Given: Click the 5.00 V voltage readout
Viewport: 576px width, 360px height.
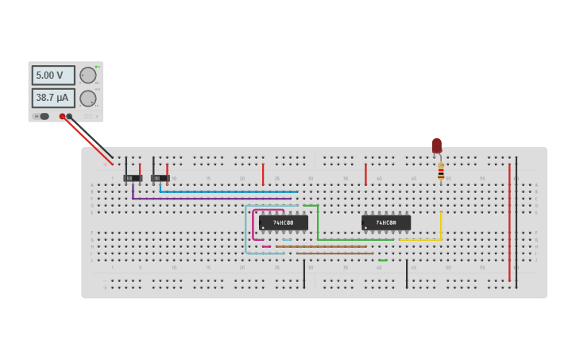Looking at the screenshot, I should point(53,75).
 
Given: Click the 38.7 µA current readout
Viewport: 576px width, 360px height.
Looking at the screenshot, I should point(53,98).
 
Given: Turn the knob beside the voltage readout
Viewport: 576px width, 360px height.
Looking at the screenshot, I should point(87,75).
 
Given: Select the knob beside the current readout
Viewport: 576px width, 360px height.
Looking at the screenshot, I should point(87,99).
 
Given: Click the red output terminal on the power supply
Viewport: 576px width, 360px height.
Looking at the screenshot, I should point(62,116).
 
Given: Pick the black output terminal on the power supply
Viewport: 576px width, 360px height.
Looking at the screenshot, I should point(69,116).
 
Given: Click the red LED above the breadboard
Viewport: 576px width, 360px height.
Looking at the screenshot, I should point(436,145).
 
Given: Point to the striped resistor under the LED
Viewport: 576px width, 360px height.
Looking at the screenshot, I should point(441,172).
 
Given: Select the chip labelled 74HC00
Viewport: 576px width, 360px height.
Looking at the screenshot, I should point(283,223).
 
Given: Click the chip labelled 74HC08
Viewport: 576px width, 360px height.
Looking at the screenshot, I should point(386,223).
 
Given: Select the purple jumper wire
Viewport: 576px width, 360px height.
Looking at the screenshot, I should point(207,198).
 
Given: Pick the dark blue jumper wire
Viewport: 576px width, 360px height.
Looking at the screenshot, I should point(230,192).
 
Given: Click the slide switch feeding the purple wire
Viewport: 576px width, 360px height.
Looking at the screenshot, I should point(132,178).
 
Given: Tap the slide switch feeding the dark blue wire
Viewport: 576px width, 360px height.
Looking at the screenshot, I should point(160,178).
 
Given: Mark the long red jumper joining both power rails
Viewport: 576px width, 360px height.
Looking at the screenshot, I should point(509,223).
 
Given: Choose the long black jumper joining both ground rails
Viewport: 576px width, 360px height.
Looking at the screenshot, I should point(516,223).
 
